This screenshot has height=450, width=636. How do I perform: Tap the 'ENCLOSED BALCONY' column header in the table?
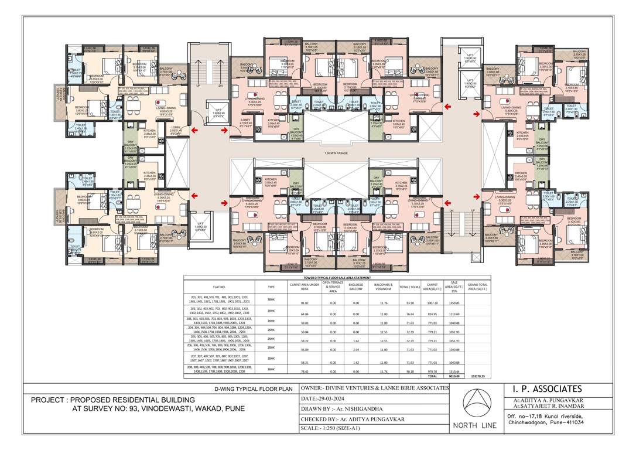(x=356, y=287)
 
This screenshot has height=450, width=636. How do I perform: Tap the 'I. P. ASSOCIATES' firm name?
(x=545, y=389)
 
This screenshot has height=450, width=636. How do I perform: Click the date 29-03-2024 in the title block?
(x=333, y=398)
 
